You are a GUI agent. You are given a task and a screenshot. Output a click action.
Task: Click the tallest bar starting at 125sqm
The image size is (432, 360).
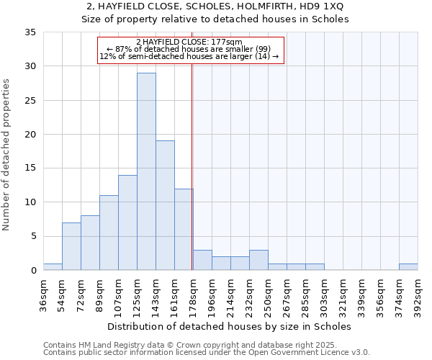coord(146,171)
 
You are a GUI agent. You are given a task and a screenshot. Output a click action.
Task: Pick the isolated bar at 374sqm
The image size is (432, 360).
coord(408,267)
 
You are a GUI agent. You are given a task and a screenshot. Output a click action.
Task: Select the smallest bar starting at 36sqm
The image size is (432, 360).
coord(53,267)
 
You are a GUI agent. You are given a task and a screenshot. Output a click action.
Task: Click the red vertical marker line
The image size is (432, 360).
coord(192,166)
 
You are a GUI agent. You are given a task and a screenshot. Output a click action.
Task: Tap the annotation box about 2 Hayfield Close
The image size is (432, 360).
coord(191,50)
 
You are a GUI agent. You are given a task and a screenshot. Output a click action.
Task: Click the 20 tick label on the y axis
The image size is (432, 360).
coord(32,135)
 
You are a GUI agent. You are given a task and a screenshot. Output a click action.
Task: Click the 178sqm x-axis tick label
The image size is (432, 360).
coord(193,293)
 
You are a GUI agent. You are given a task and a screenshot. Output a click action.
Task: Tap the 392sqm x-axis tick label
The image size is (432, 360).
coord(418,293)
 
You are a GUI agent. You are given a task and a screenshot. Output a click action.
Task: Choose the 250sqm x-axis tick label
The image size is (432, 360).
coord(268,293)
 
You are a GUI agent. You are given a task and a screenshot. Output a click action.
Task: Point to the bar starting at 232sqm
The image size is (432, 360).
coord(258,260)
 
